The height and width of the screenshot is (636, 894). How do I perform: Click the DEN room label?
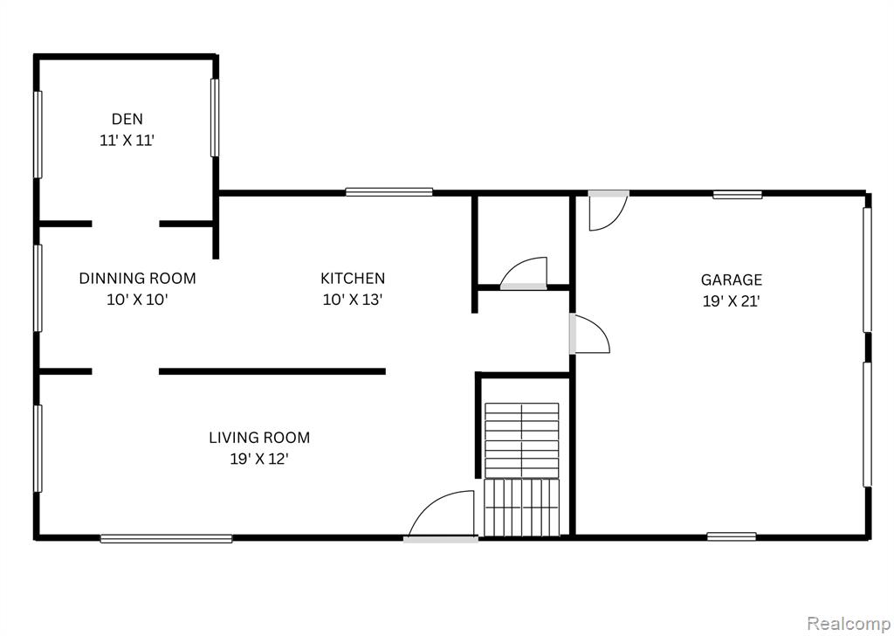127,119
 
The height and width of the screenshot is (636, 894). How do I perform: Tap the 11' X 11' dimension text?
127,141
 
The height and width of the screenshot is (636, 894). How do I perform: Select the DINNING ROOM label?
137,279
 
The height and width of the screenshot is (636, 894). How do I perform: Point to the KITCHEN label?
353,279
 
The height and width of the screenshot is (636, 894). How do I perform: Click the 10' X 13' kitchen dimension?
353,300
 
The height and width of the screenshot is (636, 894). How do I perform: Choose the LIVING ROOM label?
259,438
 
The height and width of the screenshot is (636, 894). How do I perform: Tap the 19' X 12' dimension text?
259,459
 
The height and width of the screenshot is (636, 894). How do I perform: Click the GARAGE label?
732,280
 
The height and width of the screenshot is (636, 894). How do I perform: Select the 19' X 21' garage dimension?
732,301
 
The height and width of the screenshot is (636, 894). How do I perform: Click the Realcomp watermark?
849,623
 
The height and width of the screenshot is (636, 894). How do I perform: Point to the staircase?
522,469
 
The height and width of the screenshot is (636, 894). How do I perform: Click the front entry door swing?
441,515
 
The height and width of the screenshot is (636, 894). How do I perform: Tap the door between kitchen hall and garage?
589,334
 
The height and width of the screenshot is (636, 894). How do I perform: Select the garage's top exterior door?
609,211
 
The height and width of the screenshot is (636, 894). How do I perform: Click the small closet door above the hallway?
524,273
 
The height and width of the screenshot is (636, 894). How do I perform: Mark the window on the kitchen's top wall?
389,192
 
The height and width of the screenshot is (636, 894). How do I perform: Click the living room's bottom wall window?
167,538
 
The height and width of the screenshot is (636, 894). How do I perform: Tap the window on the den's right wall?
215,118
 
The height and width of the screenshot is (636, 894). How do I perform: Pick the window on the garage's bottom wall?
732,536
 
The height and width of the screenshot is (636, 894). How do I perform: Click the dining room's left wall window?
38,288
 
